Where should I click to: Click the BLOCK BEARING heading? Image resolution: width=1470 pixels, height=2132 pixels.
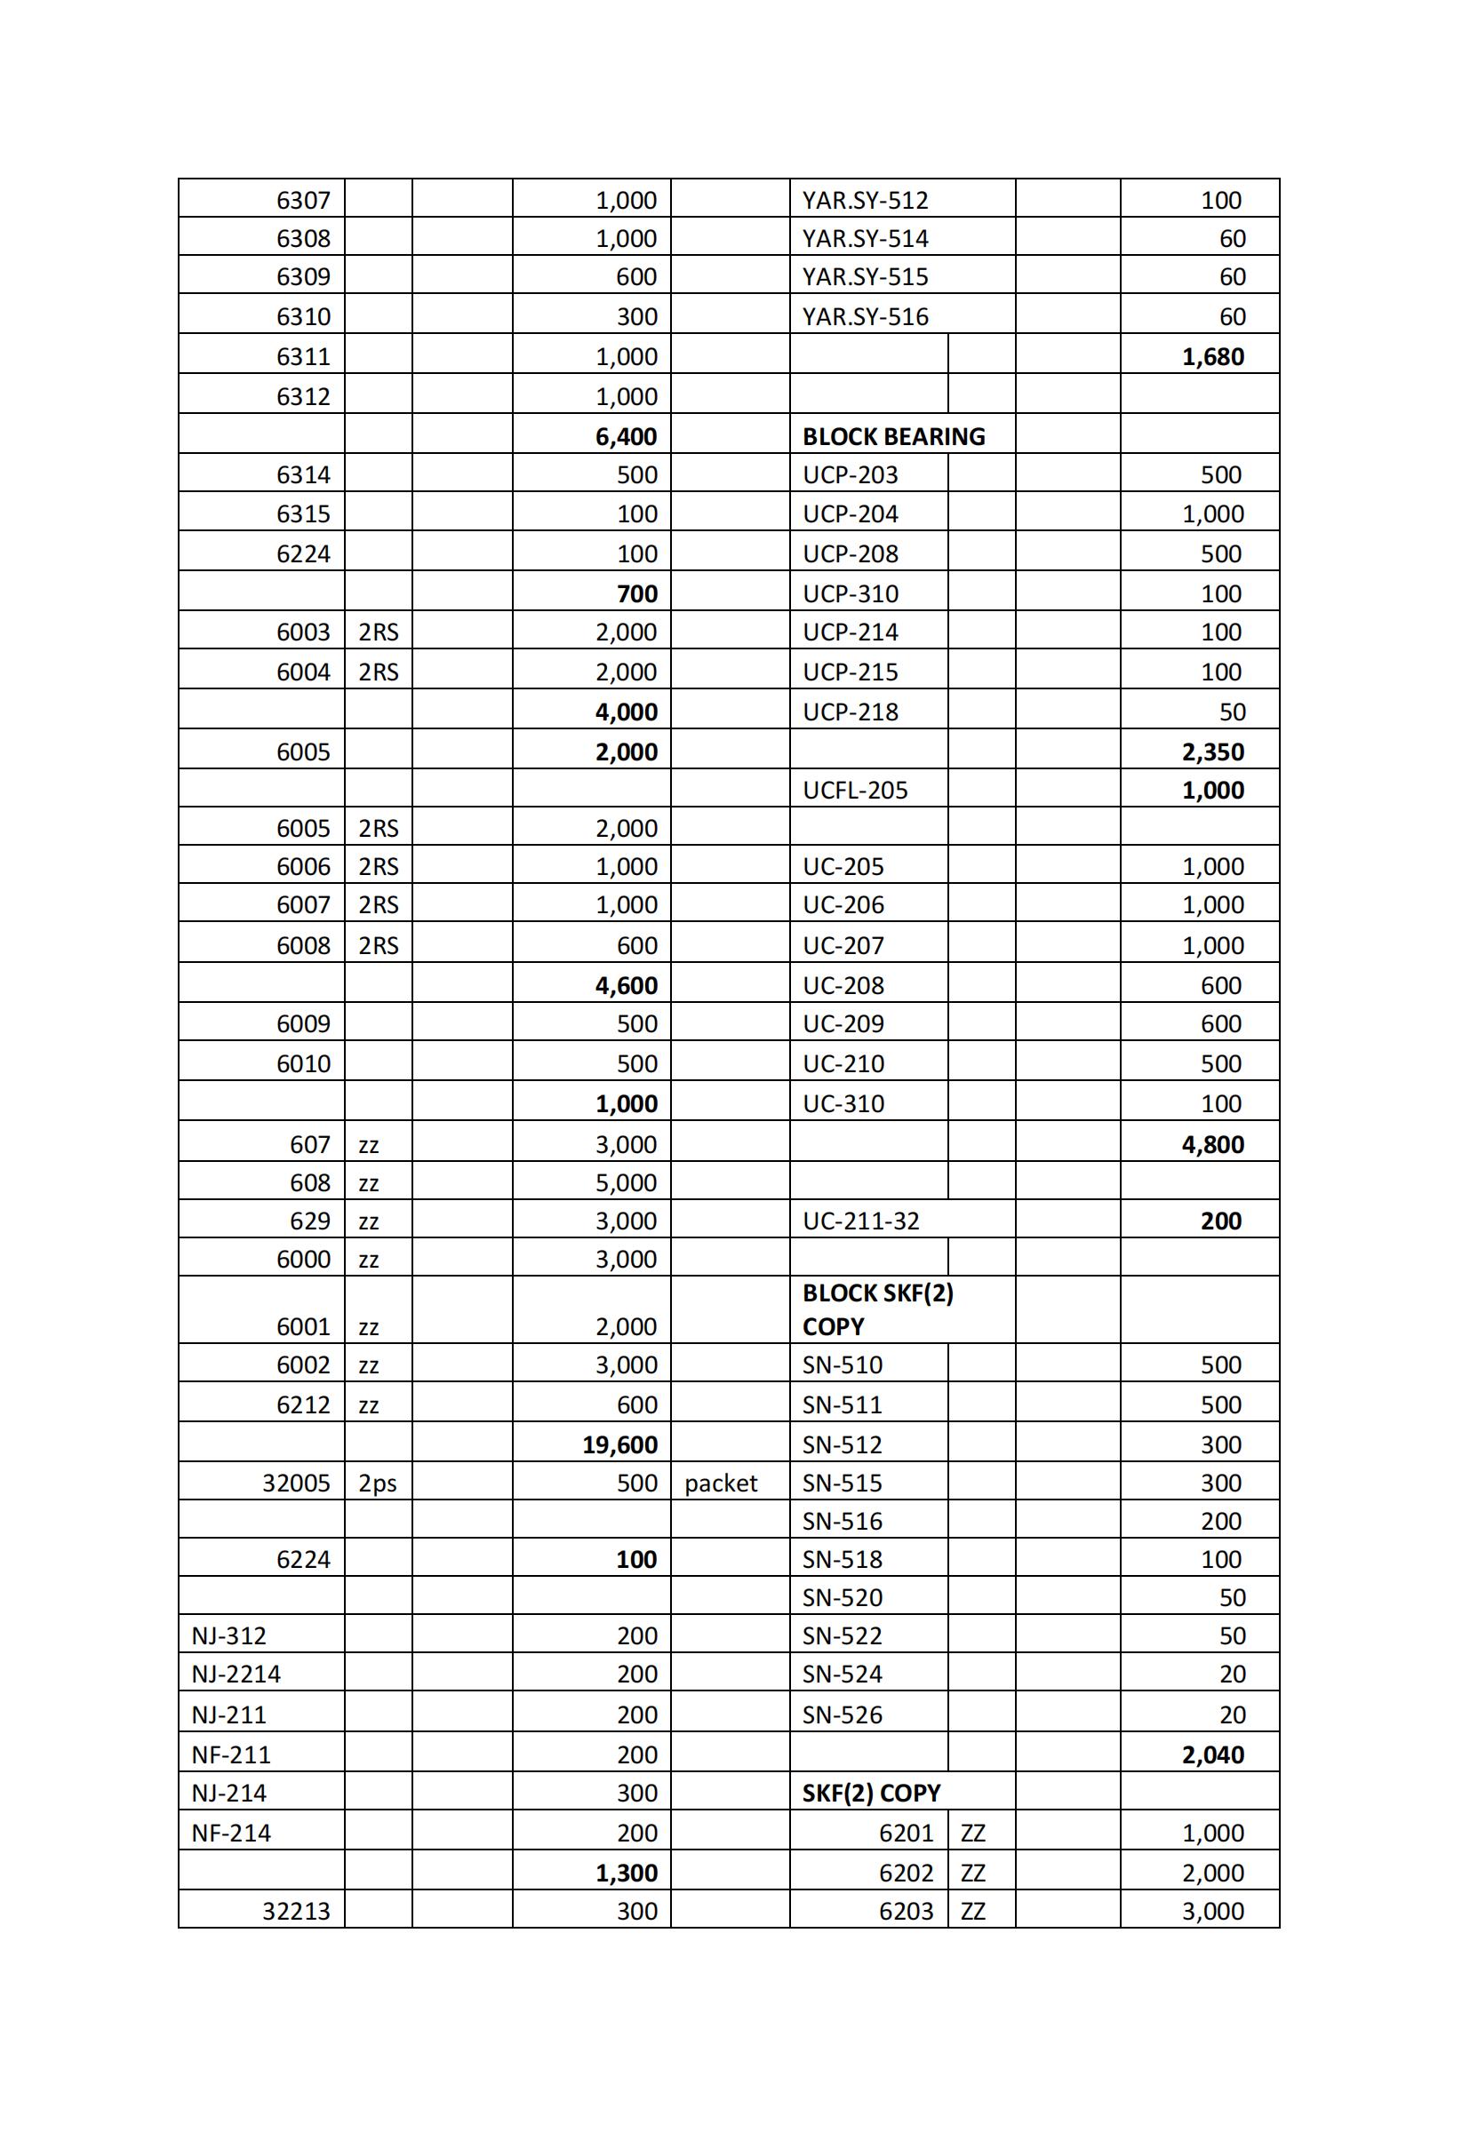892,436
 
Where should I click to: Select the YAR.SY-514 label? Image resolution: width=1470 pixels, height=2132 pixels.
865,238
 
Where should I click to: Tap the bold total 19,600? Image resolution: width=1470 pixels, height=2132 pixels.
619,1444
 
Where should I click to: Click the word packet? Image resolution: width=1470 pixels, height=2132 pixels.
720,1483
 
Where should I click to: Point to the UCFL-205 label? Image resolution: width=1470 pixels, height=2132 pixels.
855,790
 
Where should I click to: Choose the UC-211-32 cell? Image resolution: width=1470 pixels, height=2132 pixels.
860,1221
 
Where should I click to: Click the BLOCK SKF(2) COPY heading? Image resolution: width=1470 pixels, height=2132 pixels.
877,1310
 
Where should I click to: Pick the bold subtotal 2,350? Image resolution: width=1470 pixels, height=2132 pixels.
1212,752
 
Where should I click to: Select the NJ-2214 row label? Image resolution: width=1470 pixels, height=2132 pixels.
236,1674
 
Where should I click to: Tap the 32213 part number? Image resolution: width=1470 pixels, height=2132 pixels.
296,1911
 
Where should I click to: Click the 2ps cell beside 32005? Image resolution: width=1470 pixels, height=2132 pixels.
377,1483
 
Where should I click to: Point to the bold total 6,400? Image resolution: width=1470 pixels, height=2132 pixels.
626,436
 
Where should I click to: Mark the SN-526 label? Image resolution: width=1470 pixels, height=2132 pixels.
842,1715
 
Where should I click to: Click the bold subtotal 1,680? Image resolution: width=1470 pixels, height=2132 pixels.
1212,356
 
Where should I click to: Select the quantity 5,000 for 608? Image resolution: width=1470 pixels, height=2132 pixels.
626,1183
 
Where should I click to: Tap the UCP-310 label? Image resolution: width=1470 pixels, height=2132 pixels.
851,593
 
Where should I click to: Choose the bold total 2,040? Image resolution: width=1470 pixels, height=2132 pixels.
1212,1754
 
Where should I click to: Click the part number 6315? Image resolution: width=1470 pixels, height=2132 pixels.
303,513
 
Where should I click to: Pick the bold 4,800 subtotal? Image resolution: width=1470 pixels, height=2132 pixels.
1212,1144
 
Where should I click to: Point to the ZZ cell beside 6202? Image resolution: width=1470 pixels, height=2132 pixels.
972,1873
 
